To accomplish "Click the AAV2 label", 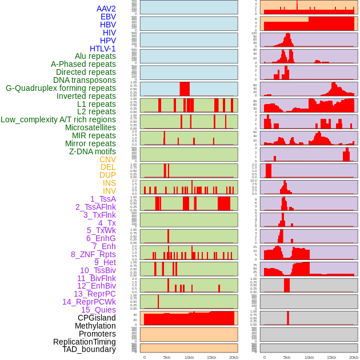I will click(106, 9).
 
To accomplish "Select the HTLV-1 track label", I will click(103, 49).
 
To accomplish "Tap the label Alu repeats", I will click(95, 57).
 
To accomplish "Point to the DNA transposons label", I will click(85, 80).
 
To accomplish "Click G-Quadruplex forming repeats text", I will click(61, 88).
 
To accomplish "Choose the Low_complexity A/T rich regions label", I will click(58, 119).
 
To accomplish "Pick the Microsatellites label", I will click(90, 127).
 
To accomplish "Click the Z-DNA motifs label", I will click(93, 151).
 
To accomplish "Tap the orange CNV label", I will click(107, 159).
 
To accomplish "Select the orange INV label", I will click(109, 191).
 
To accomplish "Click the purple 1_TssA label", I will click(103, 199).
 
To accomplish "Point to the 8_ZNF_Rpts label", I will click(93, 254).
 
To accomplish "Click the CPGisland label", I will click(97, 318).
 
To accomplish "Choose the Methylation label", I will click(95, 326).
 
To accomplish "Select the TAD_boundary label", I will click(89, 349).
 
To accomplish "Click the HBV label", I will click(108, 25).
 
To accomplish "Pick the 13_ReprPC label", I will click(95, 294).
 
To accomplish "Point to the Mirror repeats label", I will click(90, 143).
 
